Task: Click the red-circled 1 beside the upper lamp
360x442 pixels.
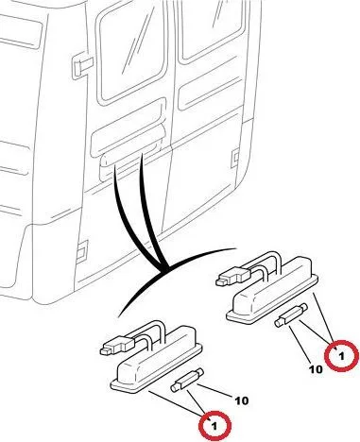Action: pyautogui.click(x=341, y=356)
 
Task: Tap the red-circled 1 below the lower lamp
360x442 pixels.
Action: pyautogui.click(x=214, y=427)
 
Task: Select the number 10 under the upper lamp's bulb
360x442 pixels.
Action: pyautogui.click(x=316, y=369)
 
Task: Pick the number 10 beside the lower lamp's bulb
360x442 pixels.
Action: pyautogui.click(x=241, y=400)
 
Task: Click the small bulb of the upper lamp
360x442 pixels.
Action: pyautogui.click(x=291, y=315)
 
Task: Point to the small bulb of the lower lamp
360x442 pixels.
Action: pyautogui.click(x=187, y=380)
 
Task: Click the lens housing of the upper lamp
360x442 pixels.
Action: pyautogui.click(x=273, y=290)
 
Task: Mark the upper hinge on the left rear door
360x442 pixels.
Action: pyautogui.click(x=82, y=66)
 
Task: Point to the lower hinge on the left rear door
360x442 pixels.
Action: pyautogui.click(x=82, y=248)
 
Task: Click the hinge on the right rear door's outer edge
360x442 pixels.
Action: pyautogui.click(x=235, y=158)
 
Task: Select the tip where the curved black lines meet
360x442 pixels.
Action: pyautogui.click(x=164, y=269)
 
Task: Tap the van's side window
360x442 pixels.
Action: pyautogui.click(x=20, y=31)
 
